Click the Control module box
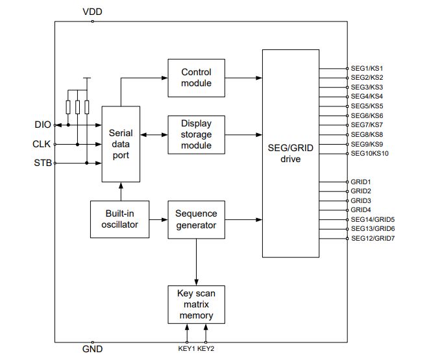point(195,78)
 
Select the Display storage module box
point(195,134)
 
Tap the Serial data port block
point(121,144)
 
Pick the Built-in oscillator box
point(120,219)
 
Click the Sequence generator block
point(196,219)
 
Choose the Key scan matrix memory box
point(195,304)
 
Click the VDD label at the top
point(92,12)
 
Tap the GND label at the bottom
point(92,350)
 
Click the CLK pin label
point(42,144)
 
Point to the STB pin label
point(42,163)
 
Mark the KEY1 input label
point(186,350)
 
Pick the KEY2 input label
point(206,350)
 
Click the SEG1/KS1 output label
point(367,68)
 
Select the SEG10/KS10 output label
point(369,153)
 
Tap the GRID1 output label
point(361,182)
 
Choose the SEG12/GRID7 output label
point(373,239)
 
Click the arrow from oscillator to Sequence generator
point(159,219)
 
